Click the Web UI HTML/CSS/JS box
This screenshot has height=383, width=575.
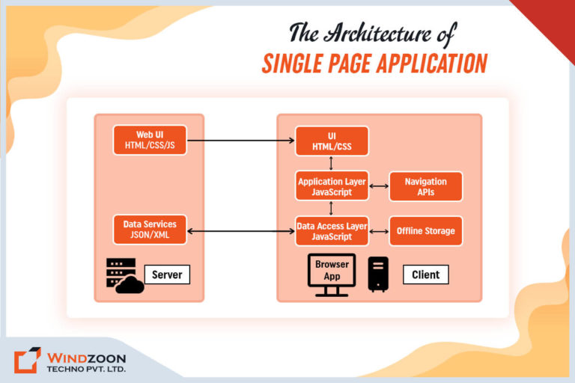pyautogui.click(x=150, y=140)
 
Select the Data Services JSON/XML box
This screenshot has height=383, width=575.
pyautogui.click(x=150, y=230)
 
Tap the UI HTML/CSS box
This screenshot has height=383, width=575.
pyautogui.click(x=332, y=141)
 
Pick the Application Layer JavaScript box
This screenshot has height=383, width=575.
pyautogui.click(x=332, y=186)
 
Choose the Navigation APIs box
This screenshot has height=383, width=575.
pyautogui.click(x=425, y=186)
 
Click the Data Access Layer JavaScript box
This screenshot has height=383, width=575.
pyautogui.click(x=332, y=230)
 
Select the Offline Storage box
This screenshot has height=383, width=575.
pyautogui.click(x=425, y=230)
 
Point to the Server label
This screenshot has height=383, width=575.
pyautogui.click(x=167, y=275)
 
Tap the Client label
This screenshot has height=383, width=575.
pyautogui.click(x=426, y=275)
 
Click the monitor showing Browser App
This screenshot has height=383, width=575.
pyautogui.click(x=332, y=273)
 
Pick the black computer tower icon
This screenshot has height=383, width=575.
pyautogui.click(x=378, y=274)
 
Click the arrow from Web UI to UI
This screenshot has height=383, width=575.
pyautogui.click(x=240, y=140)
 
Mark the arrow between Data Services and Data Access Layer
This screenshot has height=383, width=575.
pyautogui.click(x=240, y=230)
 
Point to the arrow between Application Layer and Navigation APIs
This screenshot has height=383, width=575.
pyautogui.click(x=379, y=186)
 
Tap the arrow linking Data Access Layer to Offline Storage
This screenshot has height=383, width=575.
pyautogui.click(x=379, y=230)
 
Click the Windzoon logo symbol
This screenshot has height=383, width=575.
pyautogui.click(x=27, y=360)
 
